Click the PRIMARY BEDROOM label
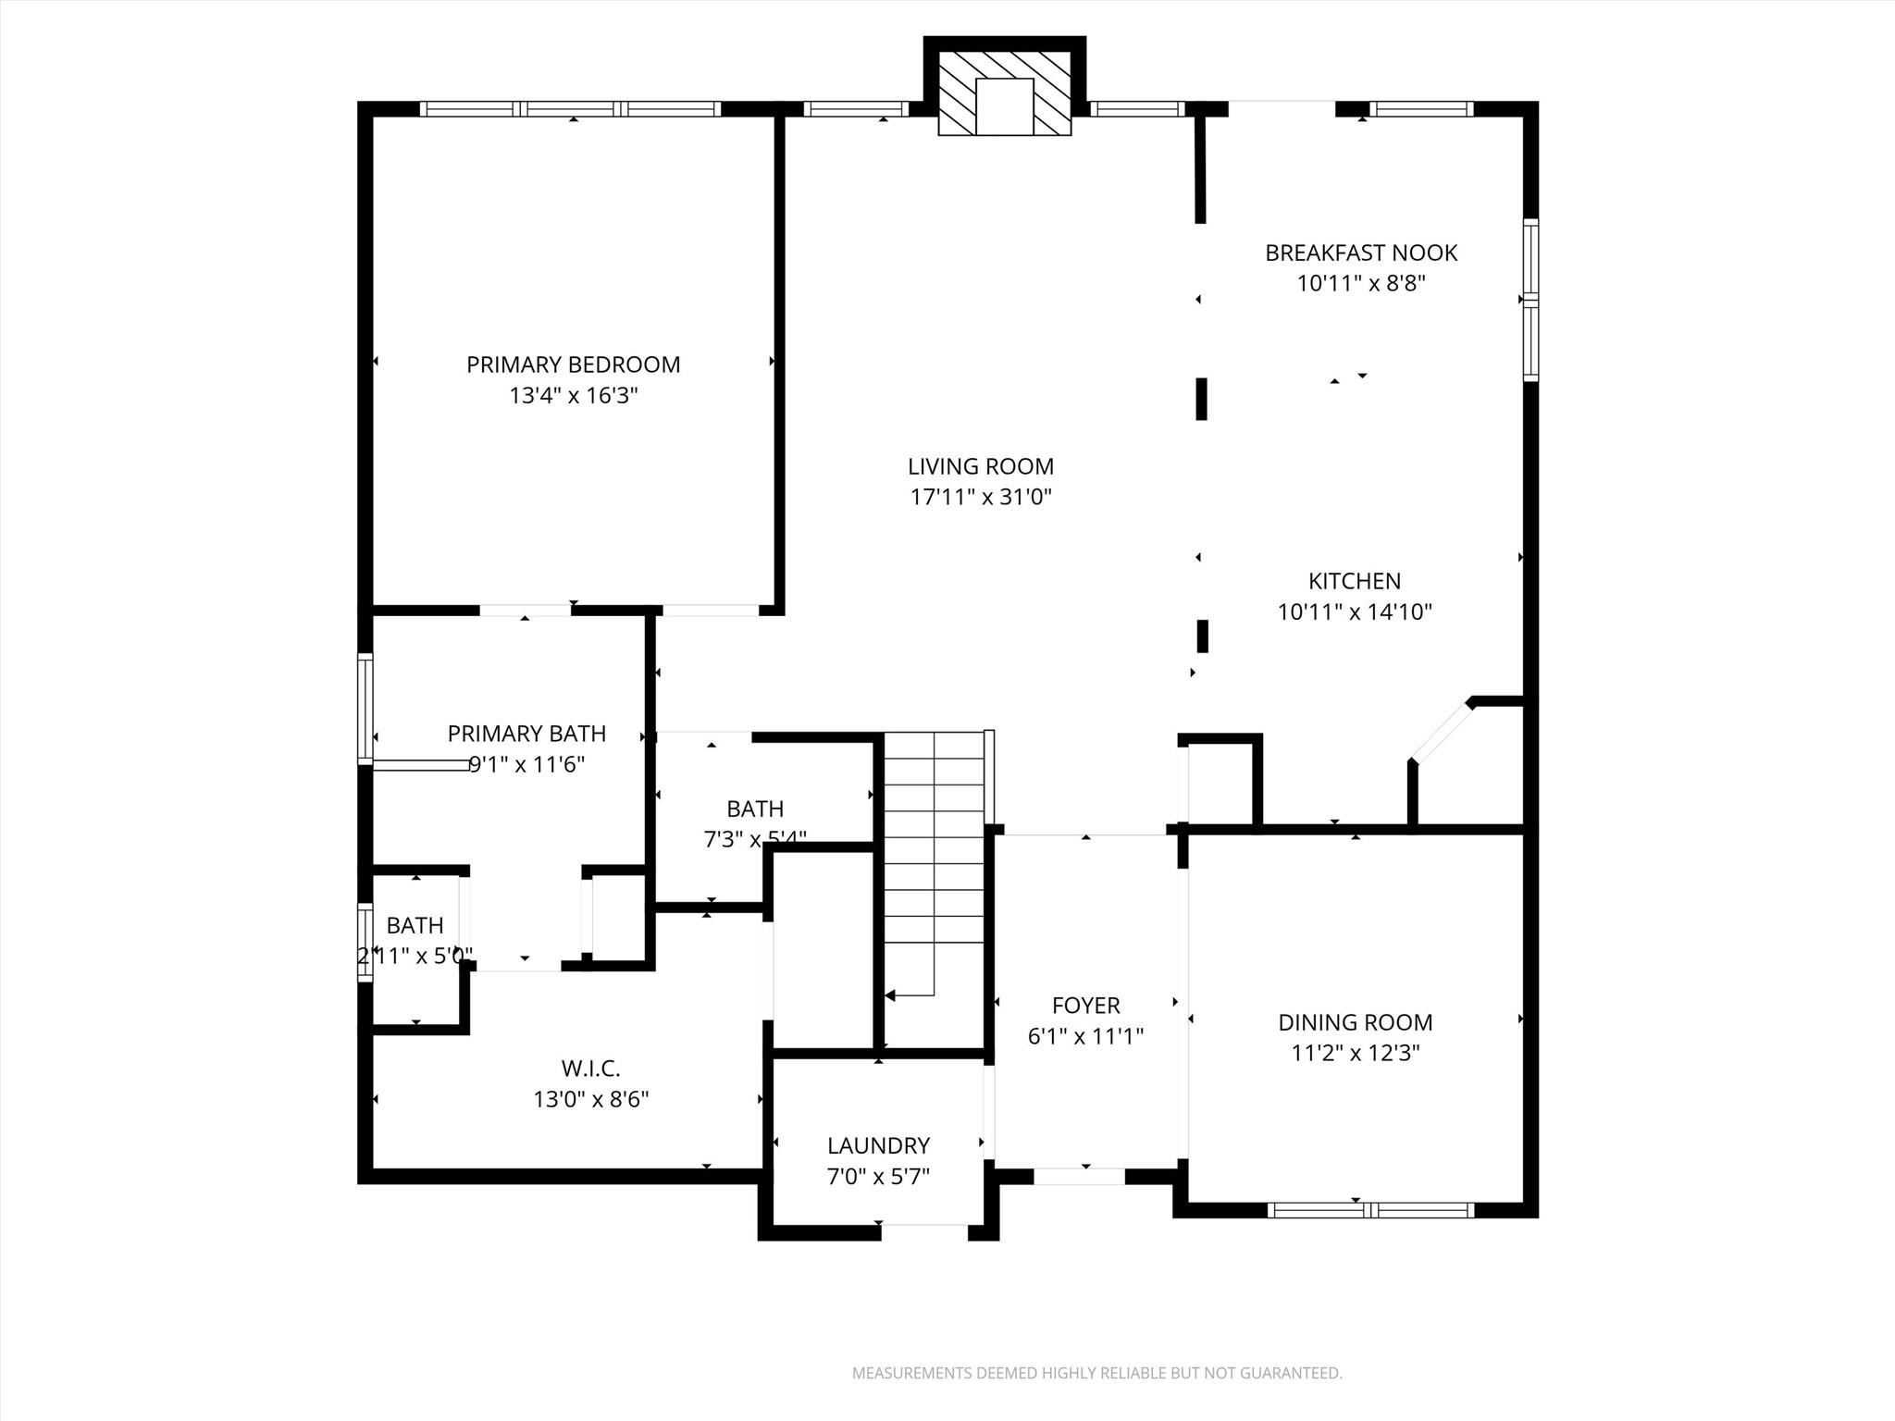573,365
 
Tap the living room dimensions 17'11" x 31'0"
981,498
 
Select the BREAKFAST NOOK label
1360,253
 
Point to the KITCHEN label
1354,581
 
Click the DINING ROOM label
1355,1022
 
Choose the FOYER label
1085,1006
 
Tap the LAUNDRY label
877,1146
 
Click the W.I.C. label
590,1069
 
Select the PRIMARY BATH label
526,734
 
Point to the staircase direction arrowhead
890,995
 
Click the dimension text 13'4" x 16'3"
573,396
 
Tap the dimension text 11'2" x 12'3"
1355,1054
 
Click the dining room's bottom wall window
1370,1209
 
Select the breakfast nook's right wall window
1530,300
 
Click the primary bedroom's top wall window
570,109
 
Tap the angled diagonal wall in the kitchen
1441,732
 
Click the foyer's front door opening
1079,1177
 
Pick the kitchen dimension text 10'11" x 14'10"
1354,612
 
